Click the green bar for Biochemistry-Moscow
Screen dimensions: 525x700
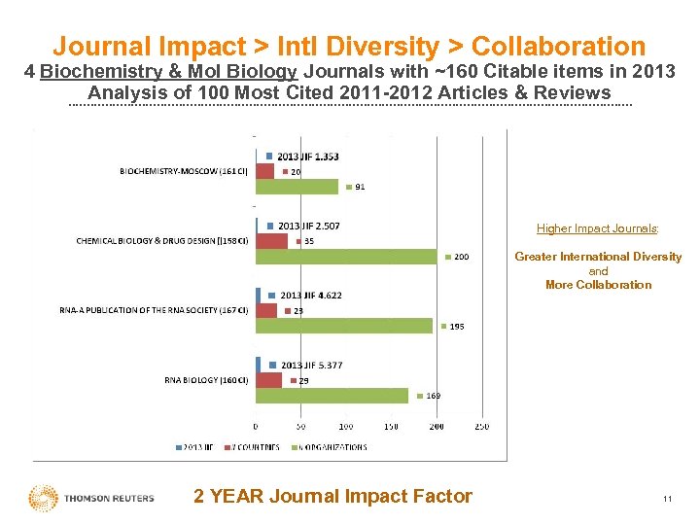(297, 186)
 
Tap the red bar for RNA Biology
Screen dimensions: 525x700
(268, 380)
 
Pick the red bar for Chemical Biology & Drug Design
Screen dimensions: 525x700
(271, 241)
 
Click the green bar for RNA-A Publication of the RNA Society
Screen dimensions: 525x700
(344, 326)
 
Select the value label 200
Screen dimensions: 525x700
(461, 257)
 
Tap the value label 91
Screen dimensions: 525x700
(360, 187)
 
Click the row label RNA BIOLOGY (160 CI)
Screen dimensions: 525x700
(206, 380)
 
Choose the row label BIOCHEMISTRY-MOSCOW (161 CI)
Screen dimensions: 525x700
(184, 171)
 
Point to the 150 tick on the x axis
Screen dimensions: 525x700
(391, 426)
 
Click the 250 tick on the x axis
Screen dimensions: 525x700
(481, 426)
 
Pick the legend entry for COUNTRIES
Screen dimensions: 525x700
(256, 447)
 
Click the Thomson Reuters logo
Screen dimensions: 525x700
(91, 498)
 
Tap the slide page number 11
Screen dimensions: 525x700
(667, 499)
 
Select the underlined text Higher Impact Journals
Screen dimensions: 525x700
(598, 228)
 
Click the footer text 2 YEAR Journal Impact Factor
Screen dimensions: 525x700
(332, 497)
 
